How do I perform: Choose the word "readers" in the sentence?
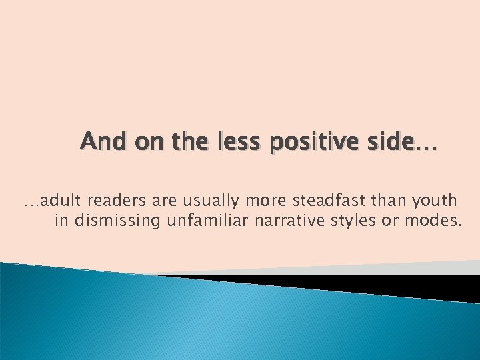coord(118,200)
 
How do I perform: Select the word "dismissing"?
coord(117,221)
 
